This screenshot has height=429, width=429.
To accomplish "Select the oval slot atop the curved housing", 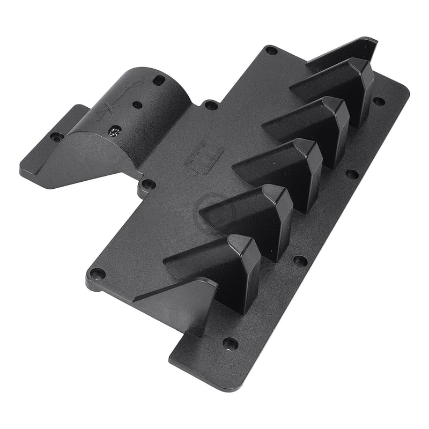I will [x=159, y=80].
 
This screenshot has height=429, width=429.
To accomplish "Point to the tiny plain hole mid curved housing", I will [x=137, y=105].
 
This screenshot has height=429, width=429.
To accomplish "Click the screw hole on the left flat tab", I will [x=55, y=137].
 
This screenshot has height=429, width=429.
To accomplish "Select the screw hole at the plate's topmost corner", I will [x=271, y=51].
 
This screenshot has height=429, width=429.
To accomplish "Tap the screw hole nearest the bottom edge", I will [x=230, y=343].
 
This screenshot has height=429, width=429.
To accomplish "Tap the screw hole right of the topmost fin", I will [x=379, y=101].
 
